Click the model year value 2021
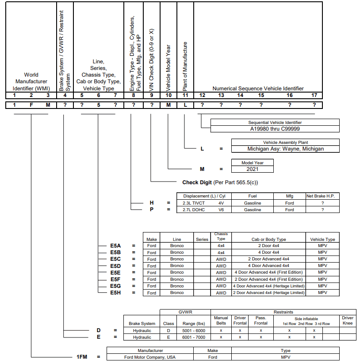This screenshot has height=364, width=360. pyautogui.click(x=252, y=169)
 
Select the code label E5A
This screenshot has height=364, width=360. pyautogui.click(x=115, y=246)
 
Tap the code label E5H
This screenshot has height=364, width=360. pyautogui.click(x=115, y=293)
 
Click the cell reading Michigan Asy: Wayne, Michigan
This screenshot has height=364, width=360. pyautogui.click(x=285, y=149)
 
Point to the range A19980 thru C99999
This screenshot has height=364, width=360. pyautogui.click(x=275, y=129)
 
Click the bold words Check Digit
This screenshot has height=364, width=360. pyautogui.click(x=197, y=182)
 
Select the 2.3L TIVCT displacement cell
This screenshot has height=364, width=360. pyautogui.click(x=194, y=203)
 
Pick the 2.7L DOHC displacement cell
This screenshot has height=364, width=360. pyautogui.click(x=194, y=209)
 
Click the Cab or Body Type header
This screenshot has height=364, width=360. pyautogui.click(x=268, y=239)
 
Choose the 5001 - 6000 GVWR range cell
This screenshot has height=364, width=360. pyautogui.click(x=194, y=331)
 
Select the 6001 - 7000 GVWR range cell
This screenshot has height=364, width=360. pyautogui.click(x=194, y=337)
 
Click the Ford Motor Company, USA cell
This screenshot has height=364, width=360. pyautogui.click(x=150, y=357)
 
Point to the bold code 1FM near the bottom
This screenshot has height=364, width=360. pyautogui.click(x=82, y=357)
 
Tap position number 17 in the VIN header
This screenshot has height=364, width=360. pyautogui.click(x=314, y=95)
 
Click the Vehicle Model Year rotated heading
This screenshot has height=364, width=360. pyautogui.click(x=168, y=68)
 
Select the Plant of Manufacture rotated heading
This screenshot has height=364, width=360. pyautogui.click(x=185, y=66)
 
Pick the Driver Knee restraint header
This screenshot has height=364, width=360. pyautogui.click(x=348, y=320)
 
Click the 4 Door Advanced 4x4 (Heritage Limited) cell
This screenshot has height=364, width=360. pyautogui.click(x=268, y=286)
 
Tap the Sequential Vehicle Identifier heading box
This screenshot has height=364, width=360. pyautogui.click(x=275, y=122)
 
